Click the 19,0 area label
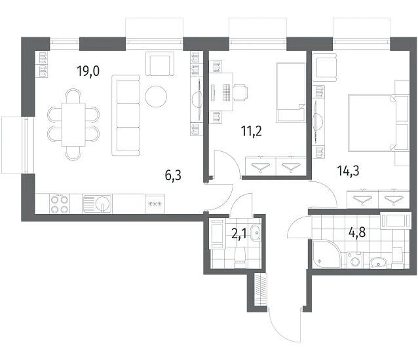(x=88, y=71)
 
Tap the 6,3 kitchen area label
(x=173, y=175)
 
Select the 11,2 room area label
(x=251, y=131)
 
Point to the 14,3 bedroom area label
(x=349, y=170)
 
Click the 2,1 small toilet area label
(x=239, y=234)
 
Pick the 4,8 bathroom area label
(x=357, y=232)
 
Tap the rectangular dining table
(x=73, y=124)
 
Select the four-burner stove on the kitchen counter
(x=60, y=204)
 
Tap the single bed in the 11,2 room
(x=291, y=92)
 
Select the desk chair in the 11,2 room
(x=240, y=93)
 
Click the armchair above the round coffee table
(x=160, y=64)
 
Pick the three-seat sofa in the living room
(x=126, y=115)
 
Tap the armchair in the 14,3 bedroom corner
(x=324, y=67)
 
